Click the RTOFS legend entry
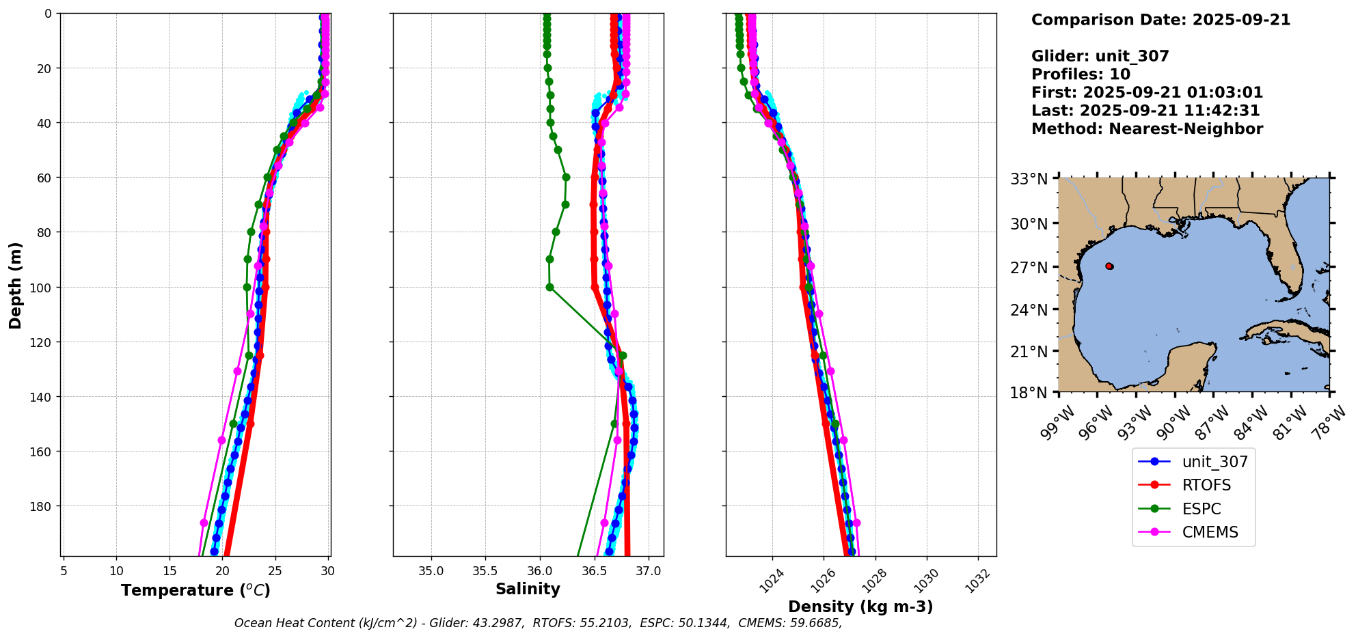point(1206,486)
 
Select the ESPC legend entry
point(1201,509)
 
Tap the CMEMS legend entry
point(1210,533)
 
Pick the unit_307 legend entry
point(1214,462)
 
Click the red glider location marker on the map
point(1109,266)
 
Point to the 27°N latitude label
point(1029,267)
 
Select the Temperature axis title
point(195,590)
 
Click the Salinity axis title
point(528,590)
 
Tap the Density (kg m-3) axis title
point(860,607)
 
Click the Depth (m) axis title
point(15,285)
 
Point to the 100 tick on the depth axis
point(42,287)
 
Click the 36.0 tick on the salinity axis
point(540,571)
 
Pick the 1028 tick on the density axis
point(874,578)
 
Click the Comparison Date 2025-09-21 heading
point(1160,20)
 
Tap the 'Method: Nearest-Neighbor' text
point(1147,129)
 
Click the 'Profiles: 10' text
point(1081,74)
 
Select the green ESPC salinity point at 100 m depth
point(549,288)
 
